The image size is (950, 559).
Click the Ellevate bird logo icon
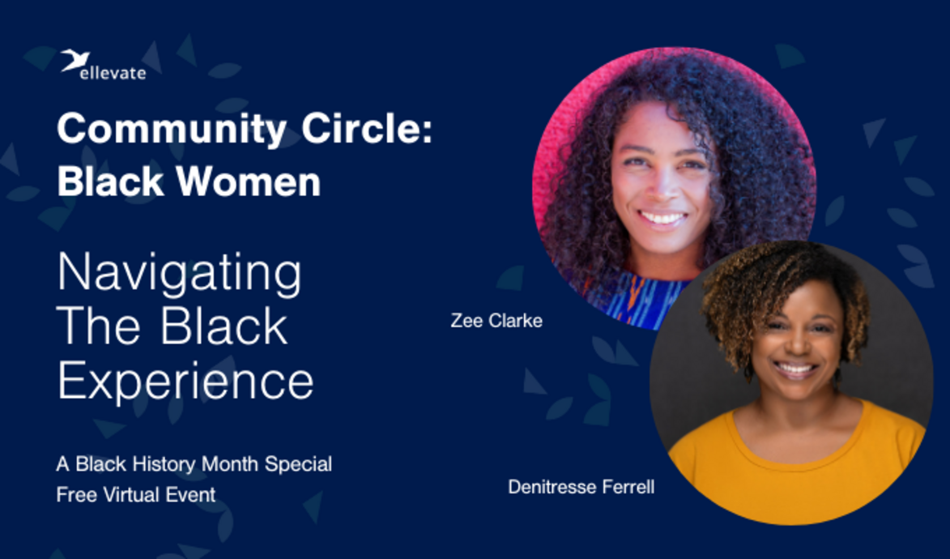click(x=75, y=60)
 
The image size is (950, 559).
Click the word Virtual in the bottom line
click(x=133, y=494)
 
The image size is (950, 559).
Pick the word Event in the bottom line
click(x=194, y=494)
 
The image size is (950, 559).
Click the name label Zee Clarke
click(x=496, y=321)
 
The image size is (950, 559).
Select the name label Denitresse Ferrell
click(x=581, y=488)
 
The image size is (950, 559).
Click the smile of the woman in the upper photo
click(x=662, y=218)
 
